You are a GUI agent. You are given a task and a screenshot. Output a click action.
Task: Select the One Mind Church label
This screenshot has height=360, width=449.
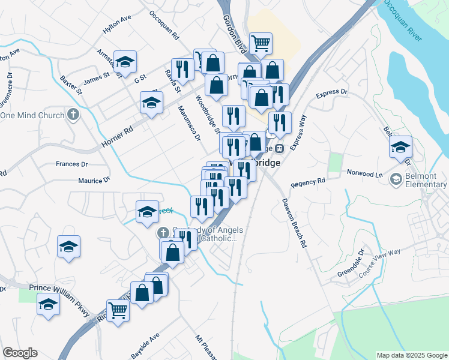click(34, 115)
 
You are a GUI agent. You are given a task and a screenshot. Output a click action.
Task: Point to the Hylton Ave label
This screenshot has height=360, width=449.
click(117, 28)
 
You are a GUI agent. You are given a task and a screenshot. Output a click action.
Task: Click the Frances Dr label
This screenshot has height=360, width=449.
click(71, 164)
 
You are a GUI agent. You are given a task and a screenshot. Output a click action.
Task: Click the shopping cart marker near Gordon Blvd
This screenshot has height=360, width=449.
click(261, 43)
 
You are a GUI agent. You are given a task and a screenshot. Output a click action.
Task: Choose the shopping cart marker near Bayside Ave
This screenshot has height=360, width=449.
click(118, 310)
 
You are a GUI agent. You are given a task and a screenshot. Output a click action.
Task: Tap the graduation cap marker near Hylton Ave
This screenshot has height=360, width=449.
click(125, 61)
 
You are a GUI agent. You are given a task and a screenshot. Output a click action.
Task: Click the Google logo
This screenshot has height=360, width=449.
click(20, 353)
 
